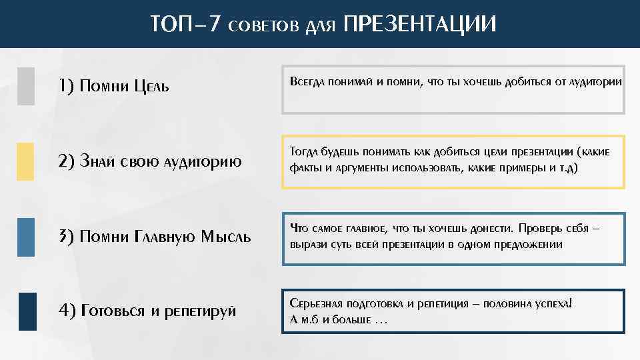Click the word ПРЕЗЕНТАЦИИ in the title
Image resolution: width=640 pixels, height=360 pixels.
click(x=419, y=24)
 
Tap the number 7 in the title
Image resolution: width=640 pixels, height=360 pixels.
click(x=213, y=25)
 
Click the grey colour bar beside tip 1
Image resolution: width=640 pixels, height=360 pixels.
click(x=26, y=86)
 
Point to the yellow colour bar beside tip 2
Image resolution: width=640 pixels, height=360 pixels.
click(x=26, y=161)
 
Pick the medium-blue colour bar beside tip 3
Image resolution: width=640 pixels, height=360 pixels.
click(x=26, y=237)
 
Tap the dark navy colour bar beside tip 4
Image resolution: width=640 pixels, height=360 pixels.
click(x=27, y=311)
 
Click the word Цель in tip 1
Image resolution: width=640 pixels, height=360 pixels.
click(x=151, y=86)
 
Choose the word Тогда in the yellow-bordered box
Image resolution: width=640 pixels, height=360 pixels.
click(x=304, y=152)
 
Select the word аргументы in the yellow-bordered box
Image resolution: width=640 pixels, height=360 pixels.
click(x=356, y=168)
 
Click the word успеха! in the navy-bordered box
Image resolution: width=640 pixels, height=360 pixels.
click(x=554, y=303)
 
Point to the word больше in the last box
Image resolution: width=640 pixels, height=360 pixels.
click(x=351, y=319)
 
